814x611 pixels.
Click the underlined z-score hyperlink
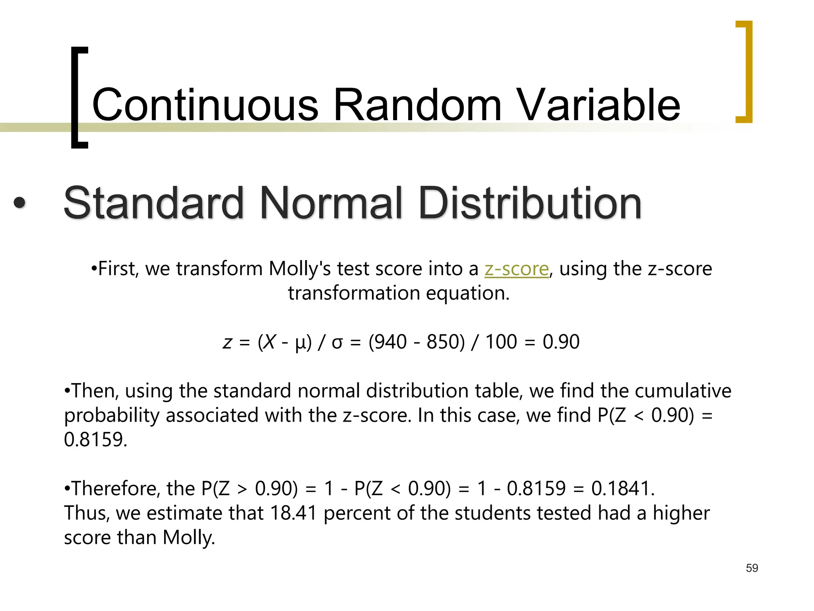coord(516,269)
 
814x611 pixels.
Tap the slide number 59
coord(752,568)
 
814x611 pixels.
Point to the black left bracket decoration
coord(79,97)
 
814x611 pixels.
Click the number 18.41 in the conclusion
coord(293,513)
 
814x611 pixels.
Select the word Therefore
coord(116,488)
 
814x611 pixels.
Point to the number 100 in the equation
coord(501,342)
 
